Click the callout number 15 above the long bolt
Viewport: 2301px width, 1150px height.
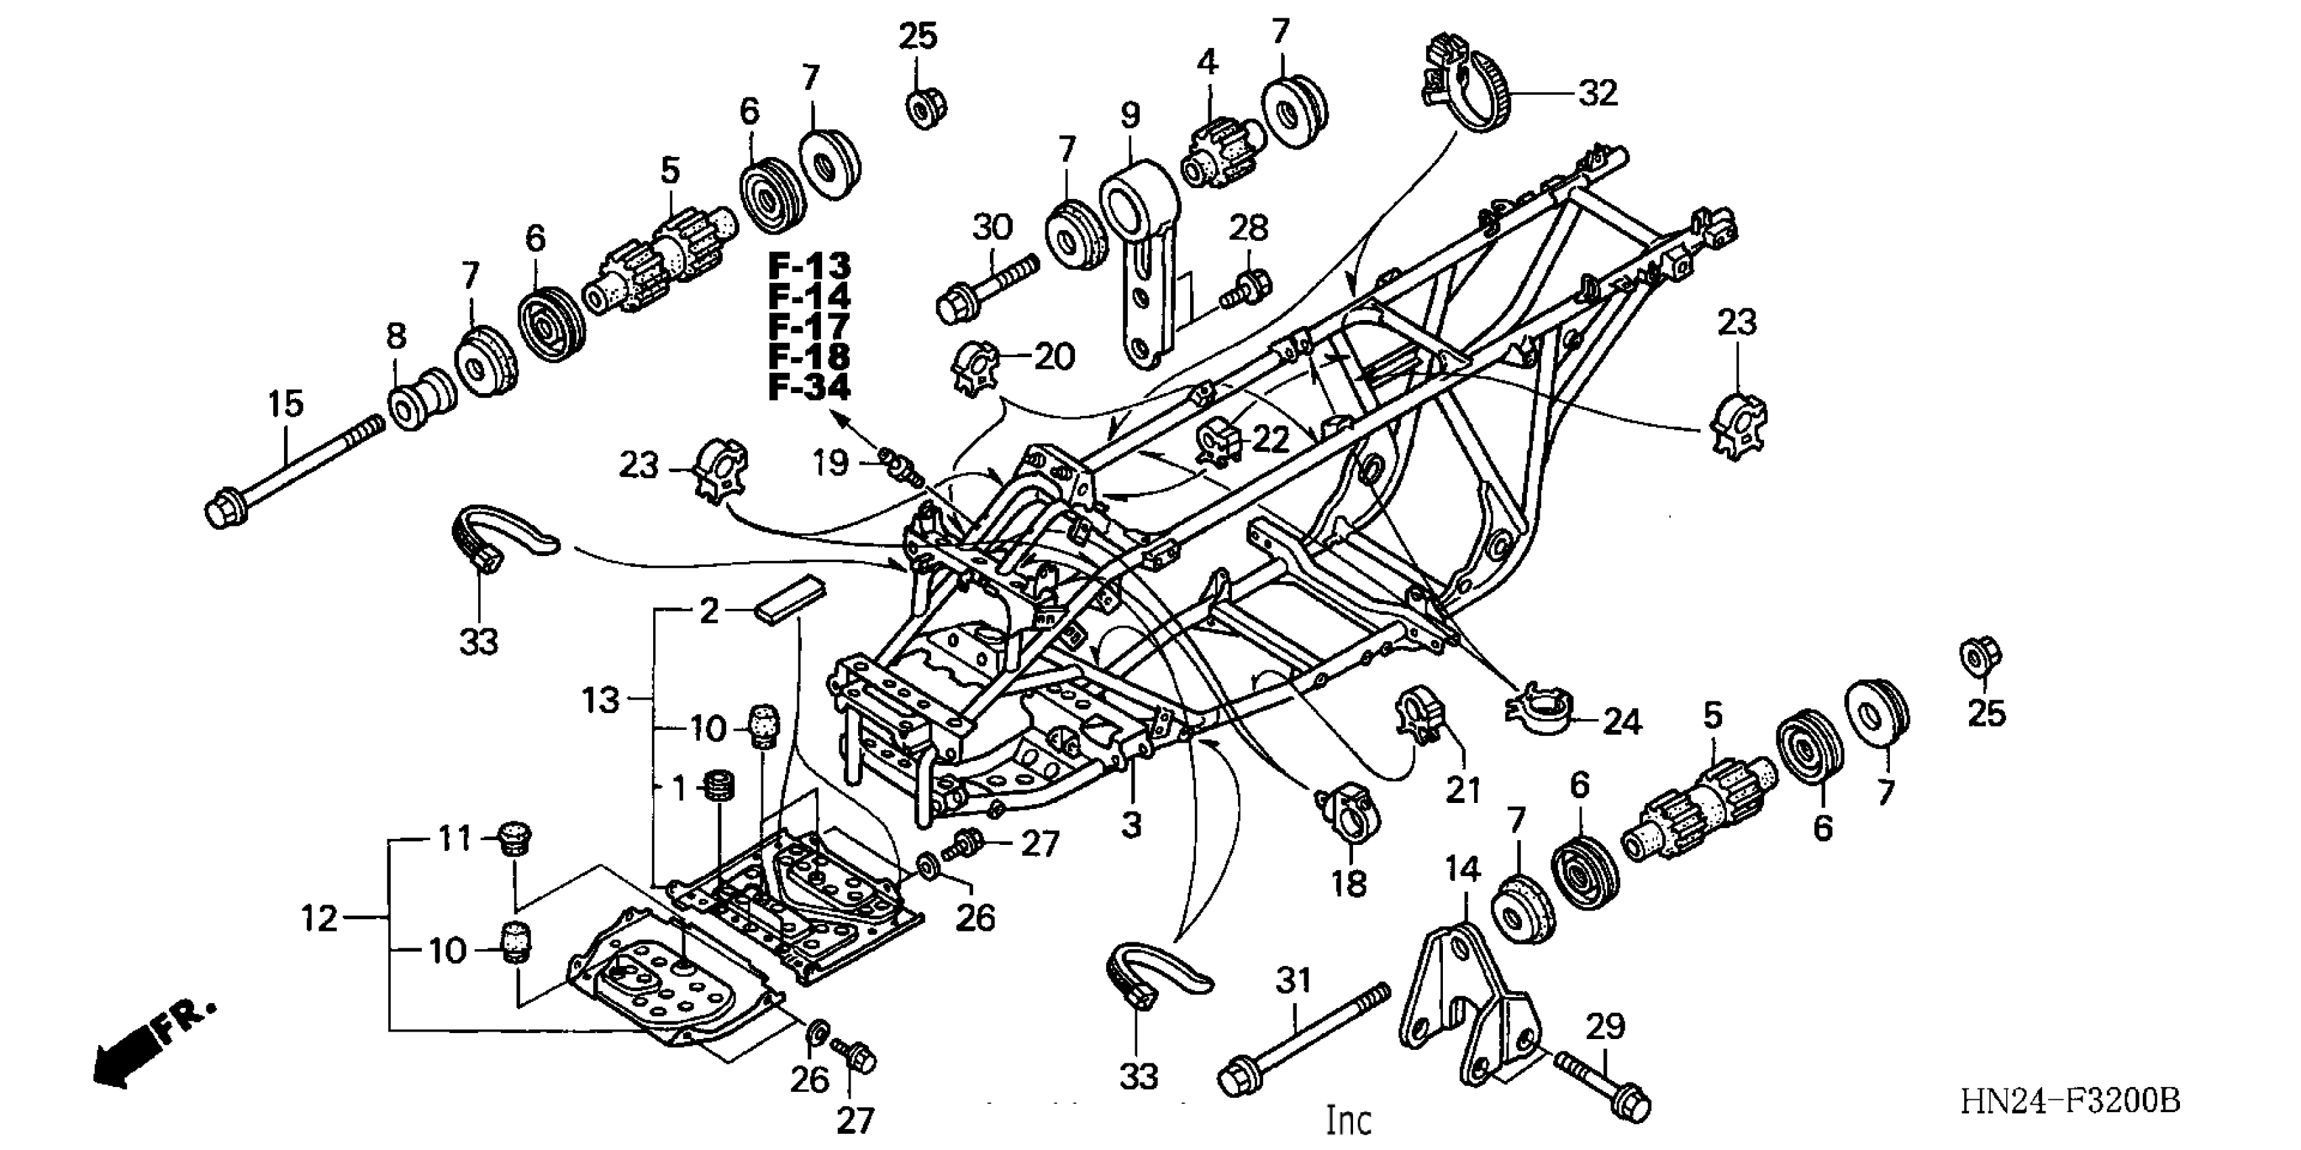click(x=286, y=404)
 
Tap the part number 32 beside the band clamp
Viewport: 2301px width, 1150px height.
click(x=1598, y=93)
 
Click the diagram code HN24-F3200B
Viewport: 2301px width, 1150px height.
click(x=2070, y=1101)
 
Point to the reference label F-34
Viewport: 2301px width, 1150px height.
click(x=809, y=387)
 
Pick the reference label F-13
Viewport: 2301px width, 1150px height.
click(x=809, y=267)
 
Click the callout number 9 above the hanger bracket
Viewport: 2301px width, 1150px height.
click(x=1130, y=115)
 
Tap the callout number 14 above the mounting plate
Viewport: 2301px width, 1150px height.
click(x=1463, y=869)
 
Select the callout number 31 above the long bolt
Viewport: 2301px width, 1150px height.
click(x=1293, y=981)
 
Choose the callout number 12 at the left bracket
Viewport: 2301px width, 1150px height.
click(x=319, y=919)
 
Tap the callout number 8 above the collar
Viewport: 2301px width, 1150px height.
click(x=396, y=337)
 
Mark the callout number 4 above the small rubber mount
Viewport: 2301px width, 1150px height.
click(x=1207, y=62)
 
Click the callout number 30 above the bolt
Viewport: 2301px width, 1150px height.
click(x=991, y=228)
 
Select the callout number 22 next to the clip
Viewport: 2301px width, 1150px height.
click(x=1271, y=440)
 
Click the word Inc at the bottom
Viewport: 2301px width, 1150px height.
click(x=1348, y=1120)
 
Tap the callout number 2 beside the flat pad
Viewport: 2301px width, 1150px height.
click(x=709, y=611)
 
